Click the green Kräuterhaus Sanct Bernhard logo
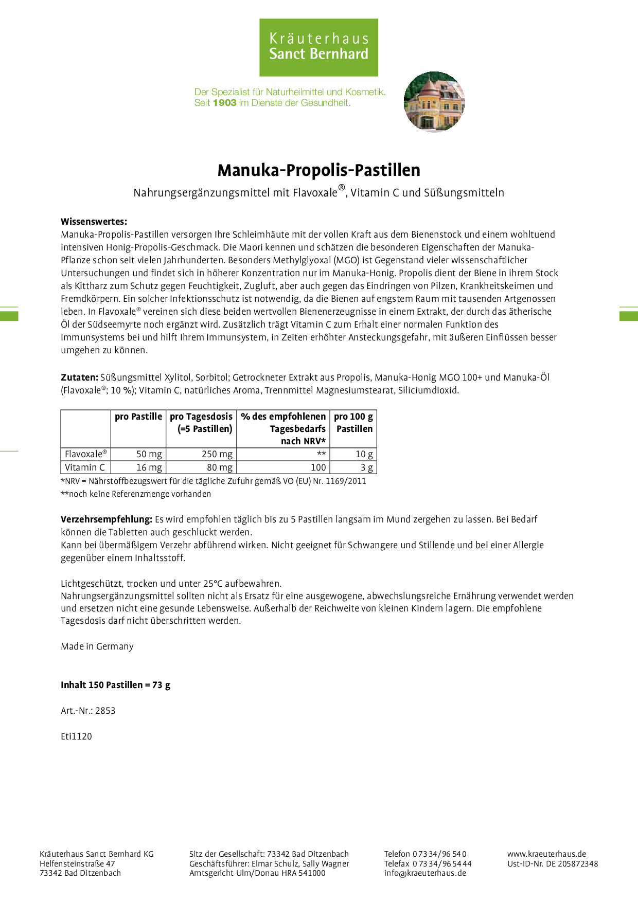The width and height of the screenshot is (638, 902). click(x=318, y=47)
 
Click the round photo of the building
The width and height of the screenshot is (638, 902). click(x=434, y=102)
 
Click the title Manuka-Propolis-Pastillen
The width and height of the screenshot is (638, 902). click(x=318, y=170)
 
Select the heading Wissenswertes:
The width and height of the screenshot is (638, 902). click(x=94, y=222)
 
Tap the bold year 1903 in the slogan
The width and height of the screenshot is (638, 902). click(x=224, y=103)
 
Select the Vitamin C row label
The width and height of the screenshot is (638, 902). click(x=85, y=467)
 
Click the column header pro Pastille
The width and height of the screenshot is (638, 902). click(x=138, y=417)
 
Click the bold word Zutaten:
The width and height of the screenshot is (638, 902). click(x=79, y=377)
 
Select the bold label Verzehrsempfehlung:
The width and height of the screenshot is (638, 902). click(x=107, y=519)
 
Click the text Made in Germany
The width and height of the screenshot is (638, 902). click(x=97, y=646)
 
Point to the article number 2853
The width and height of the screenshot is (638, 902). click(x=105, y=711)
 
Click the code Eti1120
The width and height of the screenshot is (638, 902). click(x=76, y=736)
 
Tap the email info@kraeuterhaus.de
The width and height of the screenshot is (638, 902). click(x=425, y=873)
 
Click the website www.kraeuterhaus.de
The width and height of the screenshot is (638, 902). click(x=546, y=854)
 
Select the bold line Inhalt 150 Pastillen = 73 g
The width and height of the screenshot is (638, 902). click(x=115, y=685)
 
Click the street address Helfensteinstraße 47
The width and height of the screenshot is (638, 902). click(x=77, y=863)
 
